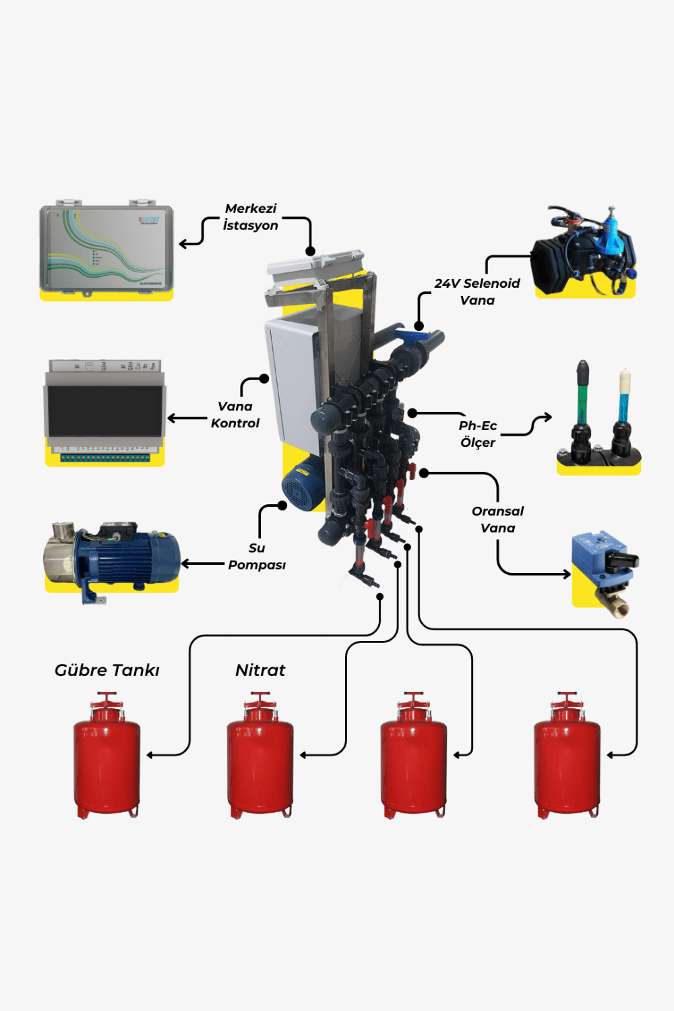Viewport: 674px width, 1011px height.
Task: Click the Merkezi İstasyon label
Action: [251, 217]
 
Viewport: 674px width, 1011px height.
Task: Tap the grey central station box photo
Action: [106, 249]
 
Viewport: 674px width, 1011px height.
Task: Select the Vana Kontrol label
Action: [235, 415]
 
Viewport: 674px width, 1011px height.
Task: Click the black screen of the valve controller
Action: [105, 410]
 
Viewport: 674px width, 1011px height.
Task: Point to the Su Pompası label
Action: [257, 557]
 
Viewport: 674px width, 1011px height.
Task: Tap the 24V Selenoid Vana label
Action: [477, 292]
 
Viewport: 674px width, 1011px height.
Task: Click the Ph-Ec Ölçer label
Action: [477, 434]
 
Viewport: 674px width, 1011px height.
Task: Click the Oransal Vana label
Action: [497, 520]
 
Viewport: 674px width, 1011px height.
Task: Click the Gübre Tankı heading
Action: [106, 670]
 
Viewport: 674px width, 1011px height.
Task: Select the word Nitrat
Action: [260, 670]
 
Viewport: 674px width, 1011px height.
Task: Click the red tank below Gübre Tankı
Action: [106, 758]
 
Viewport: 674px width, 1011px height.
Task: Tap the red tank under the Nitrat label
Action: [260, 758]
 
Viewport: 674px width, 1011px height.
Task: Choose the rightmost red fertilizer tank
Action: [567, 758]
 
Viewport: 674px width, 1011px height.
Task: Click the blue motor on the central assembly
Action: [303, 482]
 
